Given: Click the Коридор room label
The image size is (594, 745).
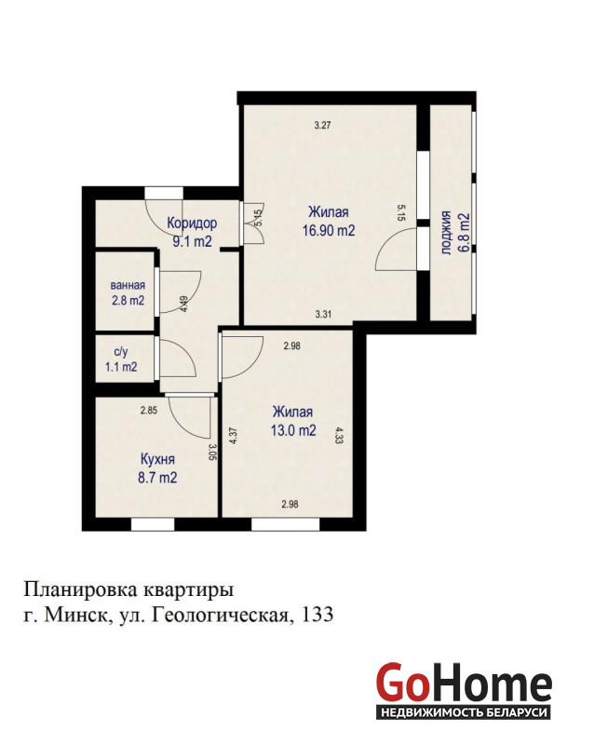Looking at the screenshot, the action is pos(192,223).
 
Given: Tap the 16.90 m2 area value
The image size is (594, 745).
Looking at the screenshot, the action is pos(329,230).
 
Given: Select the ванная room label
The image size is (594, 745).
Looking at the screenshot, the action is pos(128,286).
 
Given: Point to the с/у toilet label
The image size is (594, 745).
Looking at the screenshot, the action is pos(121,352).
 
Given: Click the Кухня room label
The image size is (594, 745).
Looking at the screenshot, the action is pos(157,459).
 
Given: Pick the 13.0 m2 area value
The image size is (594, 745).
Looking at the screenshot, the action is pos(293,430).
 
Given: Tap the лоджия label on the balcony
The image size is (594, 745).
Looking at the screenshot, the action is pos(446,233).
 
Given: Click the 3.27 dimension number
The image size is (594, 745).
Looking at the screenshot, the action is pos(323,126).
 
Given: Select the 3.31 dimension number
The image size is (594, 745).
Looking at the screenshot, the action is pos(323,314).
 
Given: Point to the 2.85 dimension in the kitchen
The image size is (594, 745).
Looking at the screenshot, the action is pos(149,411).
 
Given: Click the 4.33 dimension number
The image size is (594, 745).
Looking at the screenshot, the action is pos(339,435).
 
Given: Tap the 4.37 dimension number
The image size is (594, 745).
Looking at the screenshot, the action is pos(234,436).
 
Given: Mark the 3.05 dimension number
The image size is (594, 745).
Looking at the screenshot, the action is pos(212,452).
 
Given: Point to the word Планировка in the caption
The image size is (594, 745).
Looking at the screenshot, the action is pos(81,590).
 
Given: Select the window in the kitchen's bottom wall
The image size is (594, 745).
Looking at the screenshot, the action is pos(153,524).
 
